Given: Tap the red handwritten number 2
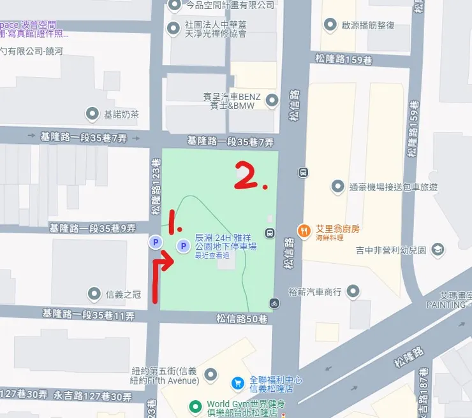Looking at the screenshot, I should tap(249, 176).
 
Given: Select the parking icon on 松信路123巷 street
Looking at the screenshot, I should tap(154, 242).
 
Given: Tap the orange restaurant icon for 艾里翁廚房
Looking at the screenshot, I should tap(304, 229).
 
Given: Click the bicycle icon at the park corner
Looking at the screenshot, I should tap(275, 302).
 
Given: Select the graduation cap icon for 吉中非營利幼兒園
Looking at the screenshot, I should tap(438, 249).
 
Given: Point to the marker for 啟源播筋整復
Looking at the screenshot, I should tap(330, 25).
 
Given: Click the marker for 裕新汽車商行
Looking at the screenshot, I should tap(353, 292).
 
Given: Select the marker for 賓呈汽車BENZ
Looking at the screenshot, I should tap(272, 100).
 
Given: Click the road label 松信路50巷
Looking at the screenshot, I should tap(241, 319).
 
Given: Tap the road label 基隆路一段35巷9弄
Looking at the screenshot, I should tap(93, 227).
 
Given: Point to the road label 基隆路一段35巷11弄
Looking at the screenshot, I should tap(88, 315).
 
